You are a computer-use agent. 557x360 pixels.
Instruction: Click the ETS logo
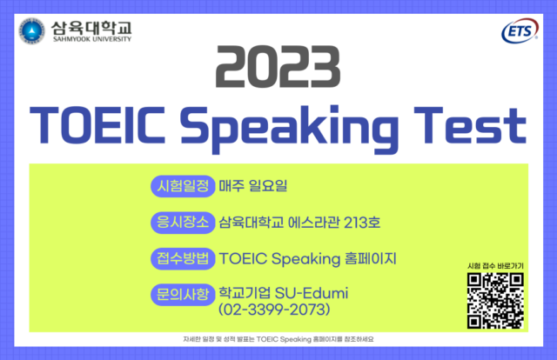click(520, 31)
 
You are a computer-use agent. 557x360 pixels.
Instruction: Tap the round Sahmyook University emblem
click(32, 31)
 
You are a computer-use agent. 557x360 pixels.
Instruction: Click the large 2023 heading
click(278, 66)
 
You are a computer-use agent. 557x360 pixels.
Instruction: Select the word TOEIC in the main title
click(97, 125)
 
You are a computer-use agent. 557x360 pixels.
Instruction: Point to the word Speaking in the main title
click(289, 130)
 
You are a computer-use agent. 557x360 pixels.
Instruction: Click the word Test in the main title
click(470, 125)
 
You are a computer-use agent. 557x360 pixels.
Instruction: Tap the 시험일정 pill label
click(183, 186)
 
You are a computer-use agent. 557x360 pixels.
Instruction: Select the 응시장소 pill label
click(183, 223)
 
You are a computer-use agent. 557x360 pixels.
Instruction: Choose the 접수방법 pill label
click(183, 258)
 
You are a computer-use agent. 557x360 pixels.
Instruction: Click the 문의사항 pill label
click(183, 295)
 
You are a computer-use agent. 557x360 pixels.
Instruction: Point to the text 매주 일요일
click(253, 186)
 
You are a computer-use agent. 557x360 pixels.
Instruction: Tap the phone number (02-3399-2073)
click(274, 310)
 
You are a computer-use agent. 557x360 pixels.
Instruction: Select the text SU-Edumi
click(312, 293)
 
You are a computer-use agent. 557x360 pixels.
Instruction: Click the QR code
click(495, 300)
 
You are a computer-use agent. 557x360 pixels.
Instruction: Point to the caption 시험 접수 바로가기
click(495, 266)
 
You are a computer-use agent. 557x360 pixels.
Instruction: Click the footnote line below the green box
click(278, 339)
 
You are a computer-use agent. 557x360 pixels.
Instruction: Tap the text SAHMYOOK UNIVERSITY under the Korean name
click(92, 39)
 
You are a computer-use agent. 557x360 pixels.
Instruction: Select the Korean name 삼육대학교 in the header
click(91, 28)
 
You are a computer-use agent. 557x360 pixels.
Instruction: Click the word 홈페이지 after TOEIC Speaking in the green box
click(371, 258)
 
